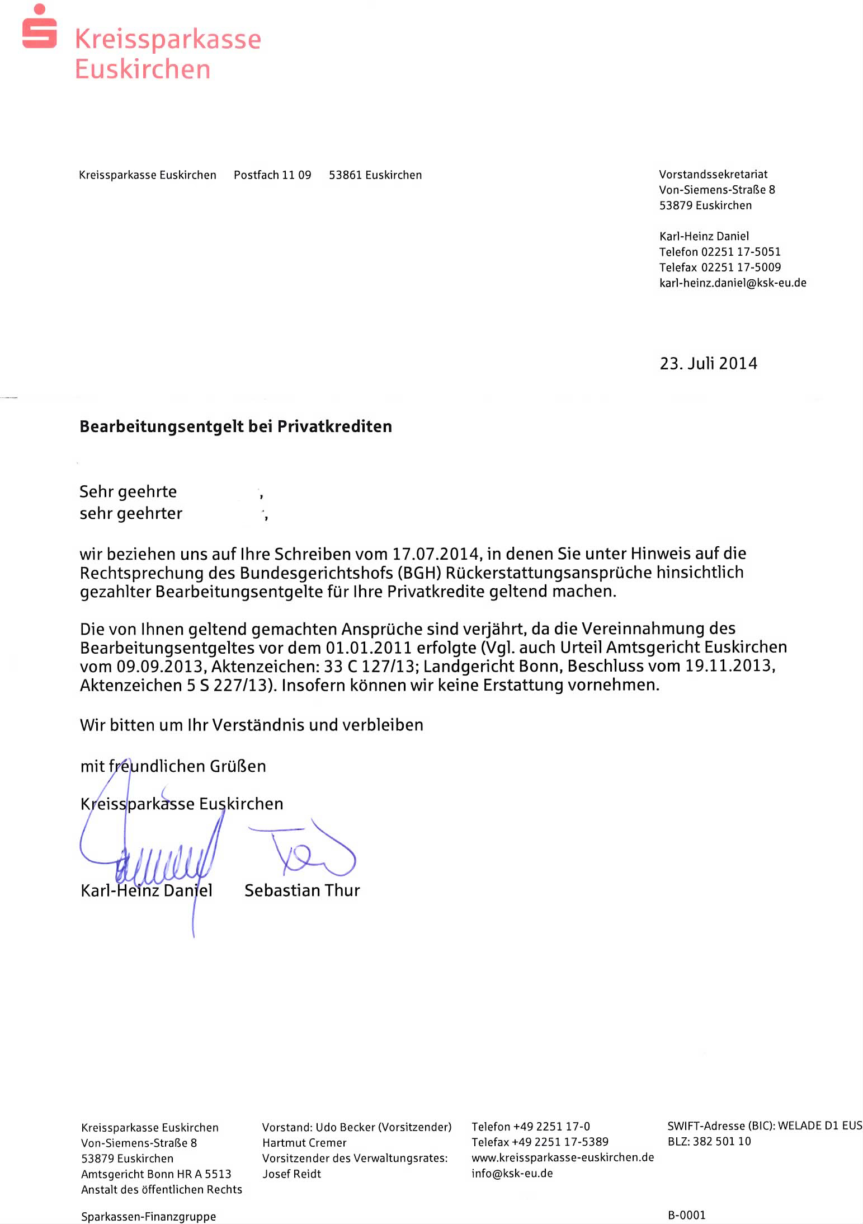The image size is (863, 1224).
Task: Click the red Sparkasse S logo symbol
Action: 39,28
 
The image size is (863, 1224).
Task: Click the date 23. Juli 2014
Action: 708,364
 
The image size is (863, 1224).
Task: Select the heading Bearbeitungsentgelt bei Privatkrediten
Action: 235,426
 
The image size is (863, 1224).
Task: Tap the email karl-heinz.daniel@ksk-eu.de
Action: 733,283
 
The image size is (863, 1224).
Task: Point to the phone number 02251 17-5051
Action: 741,252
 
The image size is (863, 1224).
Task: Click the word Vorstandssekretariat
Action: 713,175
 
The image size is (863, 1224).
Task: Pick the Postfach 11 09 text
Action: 272,175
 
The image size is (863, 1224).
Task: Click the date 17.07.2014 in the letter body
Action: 436,554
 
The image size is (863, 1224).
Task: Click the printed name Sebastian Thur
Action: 302,890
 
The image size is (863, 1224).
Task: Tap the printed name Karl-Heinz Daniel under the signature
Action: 147,890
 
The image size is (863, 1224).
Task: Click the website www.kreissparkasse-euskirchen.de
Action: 563,1157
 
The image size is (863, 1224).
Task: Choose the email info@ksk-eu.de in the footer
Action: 512,1173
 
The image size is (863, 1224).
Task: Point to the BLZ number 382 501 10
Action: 721,1142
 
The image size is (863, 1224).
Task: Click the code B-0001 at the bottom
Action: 687,1215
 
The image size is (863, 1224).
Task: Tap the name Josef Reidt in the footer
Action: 291,1174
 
